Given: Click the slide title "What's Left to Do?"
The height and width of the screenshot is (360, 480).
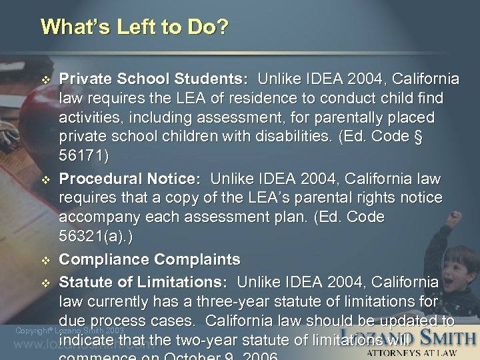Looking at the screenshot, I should [134, 27].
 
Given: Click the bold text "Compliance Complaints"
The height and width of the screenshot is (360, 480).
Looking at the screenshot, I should [150, 259].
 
